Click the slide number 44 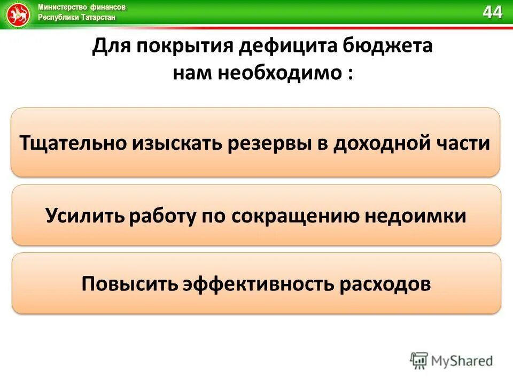[x=493, y=12]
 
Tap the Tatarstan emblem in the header [x=18, y=14]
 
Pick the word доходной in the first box [x=384, y=143]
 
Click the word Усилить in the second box [x=85, y=215]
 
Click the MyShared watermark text [x=463, y=360]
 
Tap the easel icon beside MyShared [x=419, y=360]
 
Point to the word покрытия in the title [x=184, y=47]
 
